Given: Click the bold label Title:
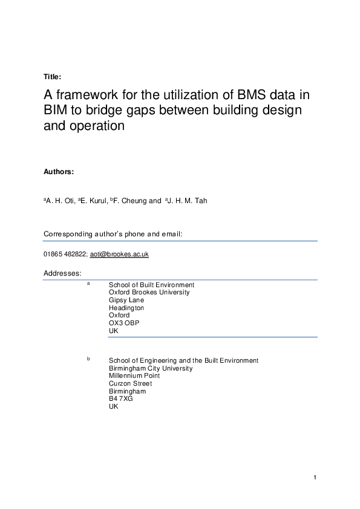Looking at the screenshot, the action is click(x=52, y=77).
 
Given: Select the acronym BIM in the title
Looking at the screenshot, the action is click(x=56, y=111).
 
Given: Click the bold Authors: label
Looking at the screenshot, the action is click(x=59, y=172).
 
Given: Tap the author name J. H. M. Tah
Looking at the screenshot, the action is click(x=188, y=201).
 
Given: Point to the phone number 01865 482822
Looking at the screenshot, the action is click(x=65, y=254).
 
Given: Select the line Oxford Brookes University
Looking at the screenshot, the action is click(x=149, y=292).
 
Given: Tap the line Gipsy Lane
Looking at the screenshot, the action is click(x=125, y=300).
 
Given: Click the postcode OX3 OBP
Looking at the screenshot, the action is click(x=124, y=323).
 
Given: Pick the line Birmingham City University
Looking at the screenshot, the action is click(x=151, y=368).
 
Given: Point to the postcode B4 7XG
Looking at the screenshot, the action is click(x=120, y=399).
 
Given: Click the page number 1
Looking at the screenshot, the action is click(x=315, y=478).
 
